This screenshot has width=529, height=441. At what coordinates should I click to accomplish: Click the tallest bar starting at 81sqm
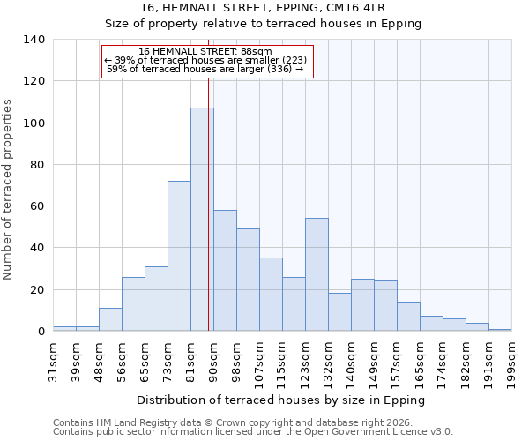pyautogui.click(x=202, y=220)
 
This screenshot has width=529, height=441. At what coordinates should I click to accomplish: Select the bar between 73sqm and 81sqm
pyautogui.click(x=179, y=256)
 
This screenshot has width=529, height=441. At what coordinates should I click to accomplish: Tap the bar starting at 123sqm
pyautogui.click(x=317, y=274)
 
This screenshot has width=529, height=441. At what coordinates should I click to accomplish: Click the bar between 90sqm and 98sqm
pyautogui.click(x=225, y=270)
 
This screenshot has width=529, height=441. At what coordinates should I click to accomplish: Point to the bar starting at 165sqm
pyautogui.click(x=431, y=323)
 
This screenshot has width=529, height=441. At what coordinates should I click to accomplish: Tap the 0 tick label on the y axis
pyautogui.click(x=40, y=332)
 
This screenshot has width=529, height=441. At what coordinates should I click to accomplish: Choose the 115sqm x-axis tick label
pyautogui.click(x=282, y=361)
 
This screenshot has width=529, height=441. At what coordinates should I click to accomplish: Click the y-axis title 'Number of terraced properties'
pyautogui.click(x=8, y=190)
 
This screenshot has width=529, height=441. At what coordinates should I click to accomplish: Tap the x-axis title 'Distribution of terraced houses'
pyautogui.click(x=282, y=400)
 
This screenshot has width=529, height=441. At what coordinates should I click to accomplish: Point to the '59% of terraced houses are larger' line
pyautogui.click(x=205, y=69)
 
